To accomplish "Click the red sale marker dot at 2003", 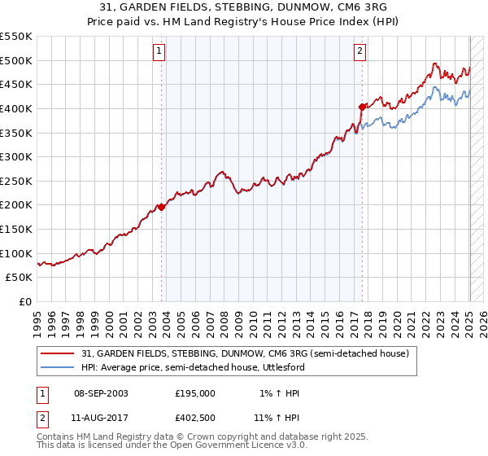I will (x=161, y=207).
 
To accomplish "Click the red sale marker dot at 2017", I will (x=362, y=106).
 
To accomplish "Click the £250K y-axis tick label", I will (x=16, y=182).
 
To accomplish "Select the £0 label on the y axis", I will (x=24, y=302).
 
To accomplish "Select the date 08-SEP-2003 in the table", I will (x=101, y=393).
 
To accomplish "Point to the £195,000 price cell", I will (x=195, y=393).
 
